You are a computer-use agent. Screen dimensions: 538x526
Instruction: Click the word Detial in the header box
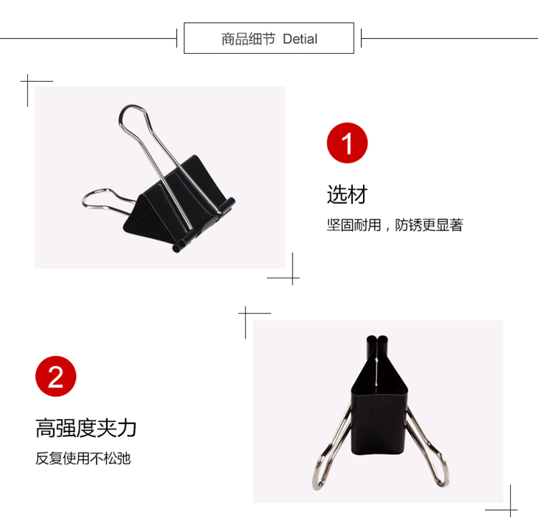(300, 39)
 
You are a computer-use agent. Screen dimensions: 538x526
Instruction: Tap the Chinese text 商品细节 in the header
(248, 39)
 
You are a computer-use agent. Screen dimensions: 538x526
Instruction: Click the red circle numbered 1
(347, 143)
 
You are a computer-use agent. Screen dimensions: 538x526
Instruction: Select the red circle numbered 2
(55, 376)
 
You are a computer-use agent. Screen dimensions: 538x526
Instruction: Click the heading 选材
(347, 194)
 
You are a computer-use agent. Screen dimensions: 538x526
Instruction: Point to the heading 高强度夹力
(86, 428)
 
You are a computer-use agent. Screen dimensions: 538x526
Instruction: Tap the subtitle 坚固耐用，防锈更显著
(395, 225)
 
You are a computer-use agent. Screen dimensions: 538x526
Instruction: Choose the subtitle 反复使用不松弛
(83, 459)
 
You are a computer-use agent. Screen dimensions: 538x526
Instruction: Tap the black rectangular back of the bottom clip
(379, 425)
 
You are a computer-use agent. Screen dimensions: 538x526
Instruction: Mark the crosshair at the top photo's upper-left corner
(28, 81)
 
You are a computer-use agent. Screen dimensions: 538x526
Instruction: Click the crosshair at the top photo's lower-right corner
(293, 278)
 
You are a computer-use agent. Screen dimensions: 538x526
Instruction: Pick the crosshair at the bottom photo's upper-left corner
(245, 313)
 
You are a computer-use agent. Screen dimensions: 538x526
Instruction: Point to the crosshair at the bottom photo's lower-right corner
(510, 510)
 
